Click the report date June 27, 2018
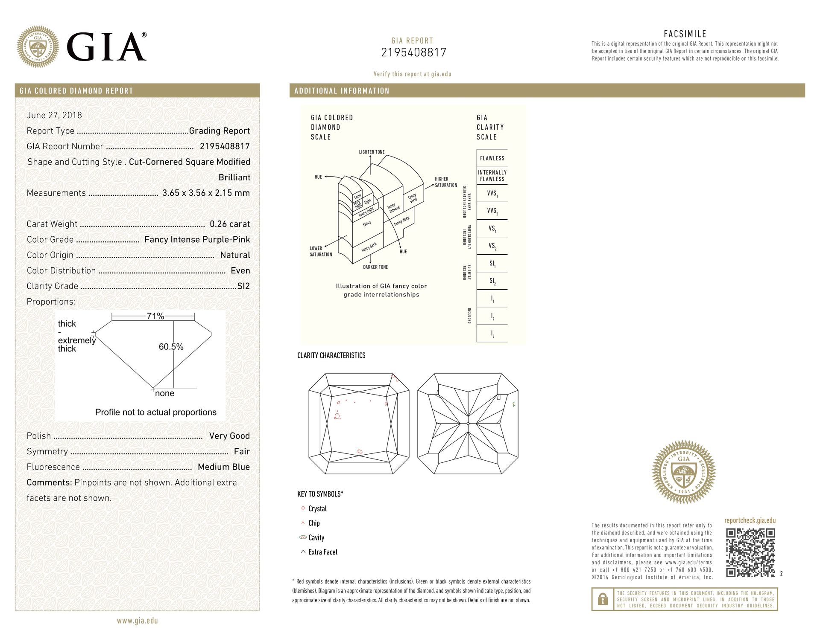pyautogui.click(x=54, y=115)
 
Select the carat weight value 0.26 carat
pyautogui.click(x=230, y=224)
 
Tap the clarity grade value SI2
pyautogui.click(x=243, y=286)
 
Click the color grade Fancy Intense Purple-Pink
pyautogui.click(x=197, y=240)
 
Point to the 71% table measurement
pyautogui.click(x=155, y=316)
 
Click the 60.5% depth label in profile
pyautogui.click(x=171, y=347)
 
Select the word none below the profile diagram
pyautogui.click(x=164, y=393)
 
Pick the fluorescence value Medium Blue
pyautogui.click(x=224, y=467)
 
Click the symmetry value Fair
pyautogui.click(x=242, y=451)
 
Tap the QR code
pyautogui.click(x=750, y=552)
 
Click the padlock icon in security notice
pyautogui.click(x=603, y=599)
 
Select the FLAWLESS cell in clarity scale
pyautogui.click(x=492, y=158)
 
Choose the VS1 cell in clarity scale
pyautogui.click(x=492, y=229)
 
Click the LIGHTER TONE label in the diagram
pyautogui.click(x=372, y=152)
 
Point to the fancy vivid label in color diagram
pyautogui.click(x=413, y=198)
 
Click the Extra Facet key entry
pyautogui.click(x=322, y=552)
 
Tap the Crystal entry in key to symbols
pyautogui.click(x=317, y=508)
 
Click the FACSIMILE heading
pyautogui.click(x=685, y=34)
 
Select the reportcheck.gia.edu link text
pyautogui.click(x=750, y=520)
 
